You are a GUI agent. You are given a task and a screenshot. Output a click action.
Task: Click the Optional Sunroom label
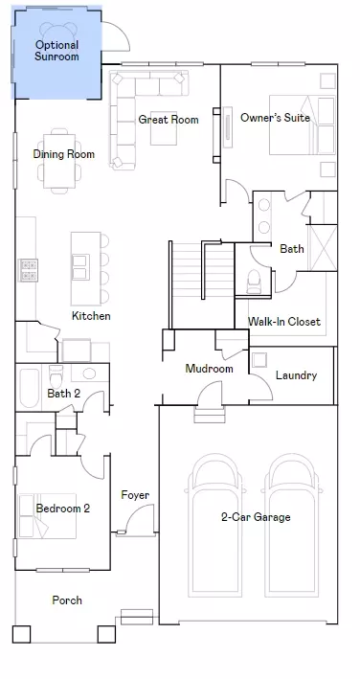coord(57,51)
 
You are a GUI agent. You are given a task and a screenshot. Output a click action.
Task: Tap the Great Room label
coord(169,120)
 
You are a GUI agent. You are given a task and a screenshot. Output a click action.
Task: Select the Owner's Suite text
coord(275,118)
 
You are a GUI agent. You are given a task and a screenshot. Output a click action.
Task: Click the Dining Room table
coord(59,161)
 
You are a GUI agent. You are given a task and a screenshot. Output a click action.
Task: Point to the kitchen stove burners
coord(28,270)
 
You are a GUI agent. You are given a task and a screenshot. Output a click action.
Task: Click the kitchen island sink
coord(81,267)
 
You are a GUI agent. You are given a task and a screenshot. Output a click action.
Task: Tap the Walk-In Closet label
coord(284,322)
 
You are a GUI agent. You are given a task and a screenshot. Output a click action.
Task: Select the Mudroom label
coord(210,369)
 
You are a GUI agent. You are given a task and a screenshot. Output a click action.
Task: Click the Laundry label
coord(297,375)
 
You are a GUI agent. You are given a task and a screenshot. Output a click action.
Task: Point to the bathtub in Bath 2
coord(29,388)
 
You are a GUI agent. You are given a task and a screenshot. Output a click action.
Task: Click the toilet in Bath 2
coord(56,375)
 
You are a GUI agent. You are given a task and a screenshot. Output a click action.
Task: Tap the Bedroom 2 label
coord(63,508)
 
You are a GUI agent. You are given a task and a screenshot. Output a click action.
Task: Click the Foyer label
coord(135,495)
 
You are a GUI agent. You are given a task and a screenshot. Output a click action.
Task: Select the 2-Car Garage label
coord(256,516)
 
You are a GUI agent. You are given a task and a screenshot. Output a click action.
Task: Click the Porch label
coord(67,600)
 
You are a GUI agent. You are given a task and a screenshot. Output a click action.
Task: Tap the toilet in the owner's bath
coord(254,282)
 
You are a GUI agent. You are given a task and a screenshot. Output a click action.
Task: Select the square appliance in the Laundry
coord(259,360)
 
